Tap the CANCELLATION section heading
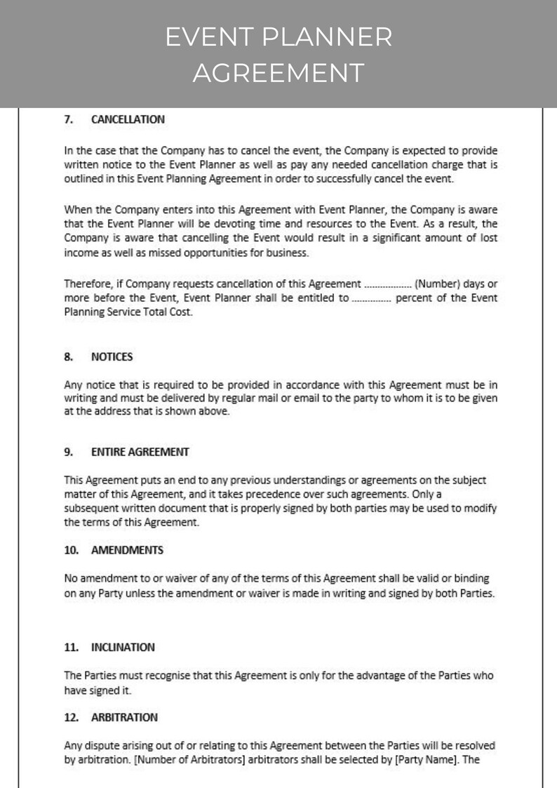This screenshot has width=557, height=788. [128, 119]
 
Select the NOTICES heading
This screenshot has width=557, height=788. [112, 356]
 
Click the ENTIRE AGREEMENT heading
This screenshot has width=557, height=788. [140, 452]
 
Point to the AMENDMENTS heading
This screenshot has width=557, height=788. [127, 550]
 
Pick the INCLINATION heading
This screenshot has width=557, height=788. [123, 647]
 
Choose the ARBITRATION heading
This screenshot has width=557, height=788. [124, 717]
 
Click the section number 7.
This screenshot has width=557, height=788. [69, 119]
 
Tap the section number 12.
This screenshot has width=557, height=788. [71, 717]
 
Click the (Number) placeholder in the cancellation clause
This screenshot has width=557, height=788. [438, 284]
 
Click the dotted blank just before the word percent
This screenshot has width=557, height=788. [371, 298]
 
